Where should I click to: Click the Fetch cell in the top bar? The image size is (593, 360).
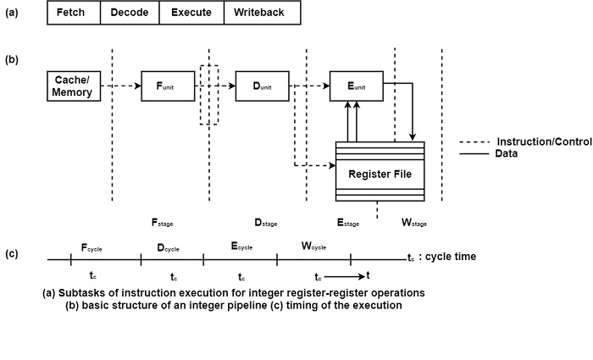click(x=73, y=14)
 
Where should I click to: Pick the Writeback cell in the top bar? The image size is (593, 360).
click(x=261, y=14)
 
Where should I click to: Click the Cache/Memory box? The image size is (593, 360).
click(x=72, y=86)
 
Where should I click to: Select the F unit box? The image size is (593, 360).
click(x=168, y=86)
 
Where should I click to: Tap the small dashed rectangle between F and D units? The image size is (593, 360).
click(x=208, y=94)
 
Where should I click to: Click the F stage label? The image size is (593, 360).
click(x=163, y=223)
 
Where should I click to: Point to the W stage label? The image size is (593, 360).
click(x=413, y=223)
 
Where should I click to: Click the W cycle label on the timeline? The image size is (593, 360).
click(x=314, y=246)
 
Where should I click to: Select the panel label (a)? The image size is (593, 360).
click(x=13, y=14)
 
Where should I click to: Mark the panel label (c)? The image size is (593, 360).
click(x=13, y=253)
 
